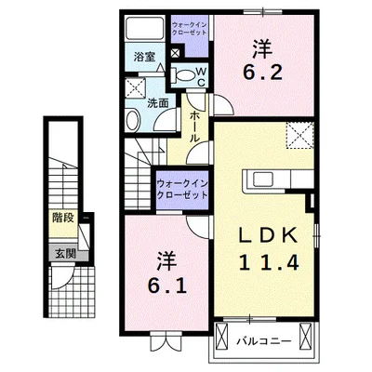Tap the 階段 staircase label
click(63, 222)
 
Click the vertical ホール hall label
click(194, 126)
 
